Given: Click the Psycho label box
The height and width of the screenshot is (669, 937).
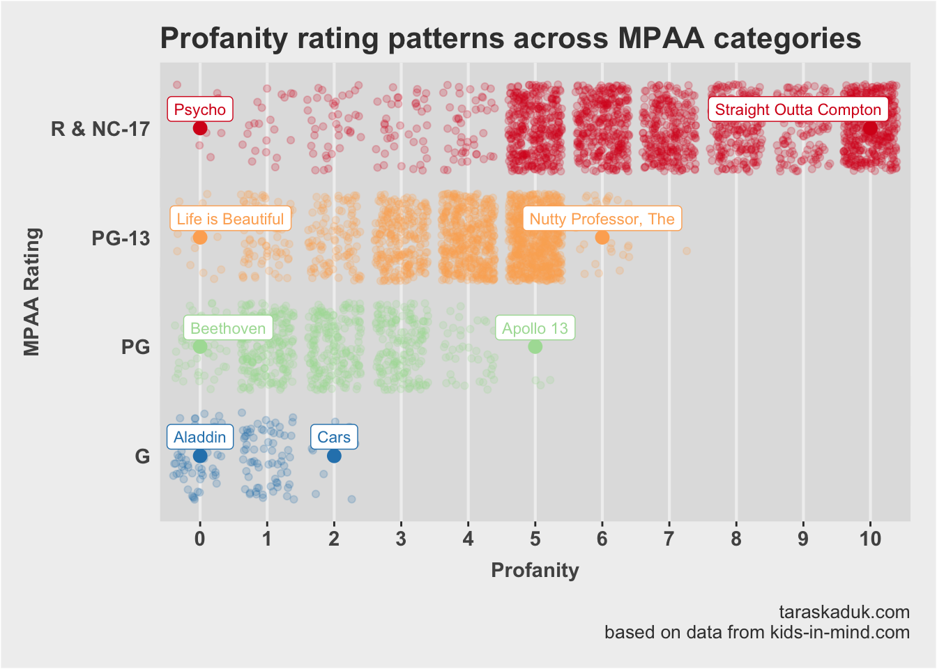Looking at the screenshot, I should [200, 109].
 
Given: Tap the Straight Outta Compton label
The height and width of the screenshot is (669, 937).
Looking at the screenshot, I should [798, 109].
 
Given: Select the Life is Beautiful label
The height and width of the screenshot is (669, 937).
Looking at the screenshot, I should [230, 219].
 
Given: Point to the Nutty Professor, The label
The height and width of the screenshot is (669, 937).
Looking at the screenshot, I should [602, 219].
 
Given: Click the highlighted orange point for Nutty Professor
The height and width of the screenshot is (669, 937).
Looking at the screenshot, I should [602, 238].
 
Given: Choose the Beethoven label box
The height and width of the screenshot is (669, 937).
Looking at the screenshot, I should [227, 328].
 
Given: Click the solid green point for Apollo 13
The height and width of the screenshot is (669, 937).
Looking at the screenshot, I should [535, 346].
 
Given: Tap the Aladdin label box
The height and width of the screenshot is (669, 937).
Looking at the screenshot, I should [199, 437].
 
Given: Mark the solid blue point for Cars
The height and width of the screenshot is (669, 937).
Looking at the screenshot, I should [334, 456].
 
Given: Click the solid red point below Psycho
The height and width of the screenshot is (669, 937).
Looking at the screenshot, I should [200, 128].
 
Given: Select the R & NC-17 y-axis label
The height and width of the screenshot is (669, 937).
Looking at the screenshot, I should [100, 129].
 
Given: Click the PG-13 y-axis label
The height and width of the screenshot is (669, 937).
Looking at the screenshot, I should [121, 238].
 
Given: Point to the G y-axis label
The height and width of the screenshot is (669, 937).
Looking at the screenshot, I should [142, 456].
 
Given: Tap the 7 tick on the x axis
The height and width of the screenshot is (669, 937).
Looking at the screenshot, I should [669, 539].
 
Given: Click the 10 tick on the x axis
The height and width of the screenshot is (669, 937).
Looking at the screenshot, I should [870, 539].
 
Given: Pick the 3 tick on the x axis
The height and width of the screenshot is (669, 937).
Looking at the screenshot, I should [401, 539].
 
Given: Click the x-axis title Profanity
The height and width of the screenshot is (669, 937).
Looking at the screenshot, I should [535, 570].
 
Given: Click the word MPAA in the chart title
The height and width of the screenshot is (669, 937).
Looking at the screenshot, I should [652, 38].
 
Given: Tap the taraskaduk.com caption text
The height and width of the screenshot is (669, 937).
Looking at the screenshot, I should [844, 612].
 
